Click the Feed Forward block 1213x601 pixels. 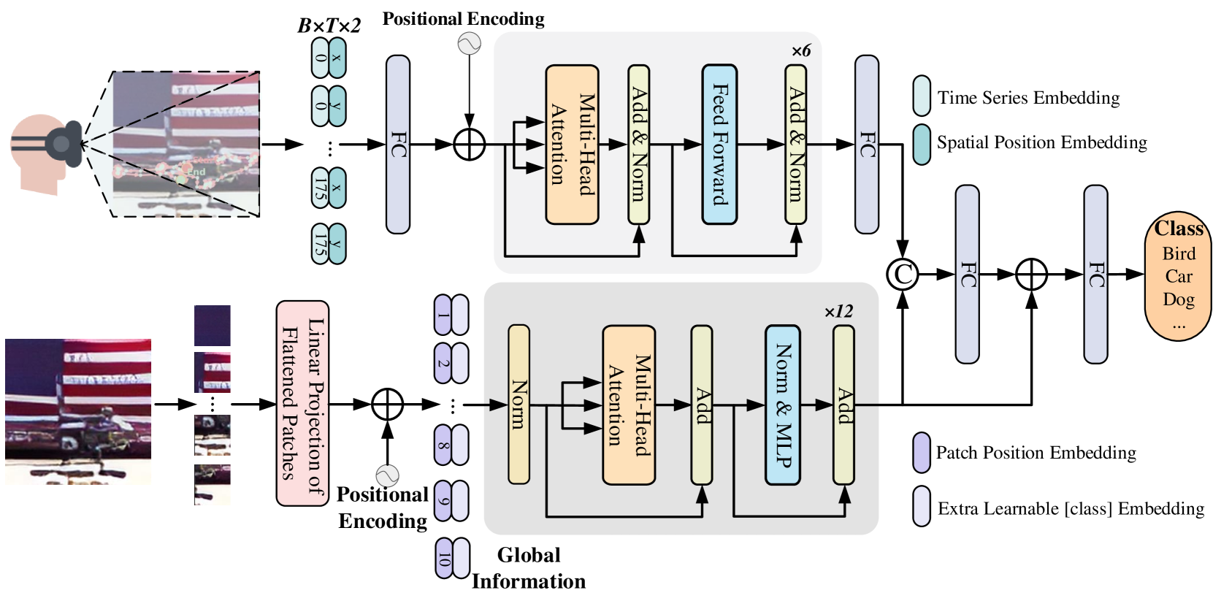[x=719, y=144]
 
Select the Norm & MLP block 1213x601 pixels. [x=782, y=405]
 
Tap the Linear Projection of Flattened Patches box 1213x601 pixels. [x=302, y=403]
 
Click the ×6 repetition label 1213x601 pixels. [x=800, y=51]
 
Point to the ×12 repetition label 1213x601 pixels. [x=838, y=312]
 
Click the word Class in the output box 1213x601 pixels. [x=1178, y=229]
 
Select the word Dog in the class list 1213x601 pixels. [x=1178, y=299]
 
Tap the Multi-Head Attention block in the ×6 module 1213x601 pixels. [x=572, y=144]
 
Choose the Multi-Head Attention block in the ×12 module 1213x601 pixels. [x=628, y=405]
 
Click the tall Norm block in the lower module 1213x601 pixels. [x=519, y=405]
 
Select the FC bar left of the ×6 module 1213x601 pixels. [x=397, y=144]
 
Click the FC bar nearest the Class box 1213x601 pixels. [x=1095, y=274]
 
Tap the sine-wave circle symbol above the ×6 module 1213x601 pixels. [x=469, y=44]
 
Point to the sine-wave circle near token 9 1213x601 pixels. [x=387, y=476]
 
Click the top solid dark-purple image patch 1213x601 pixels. [x=212, y=325]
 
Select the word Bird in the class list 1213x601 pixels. [x=1178, y=253]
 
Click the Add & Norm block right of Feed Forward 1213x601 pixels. [x=796, y=144]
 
